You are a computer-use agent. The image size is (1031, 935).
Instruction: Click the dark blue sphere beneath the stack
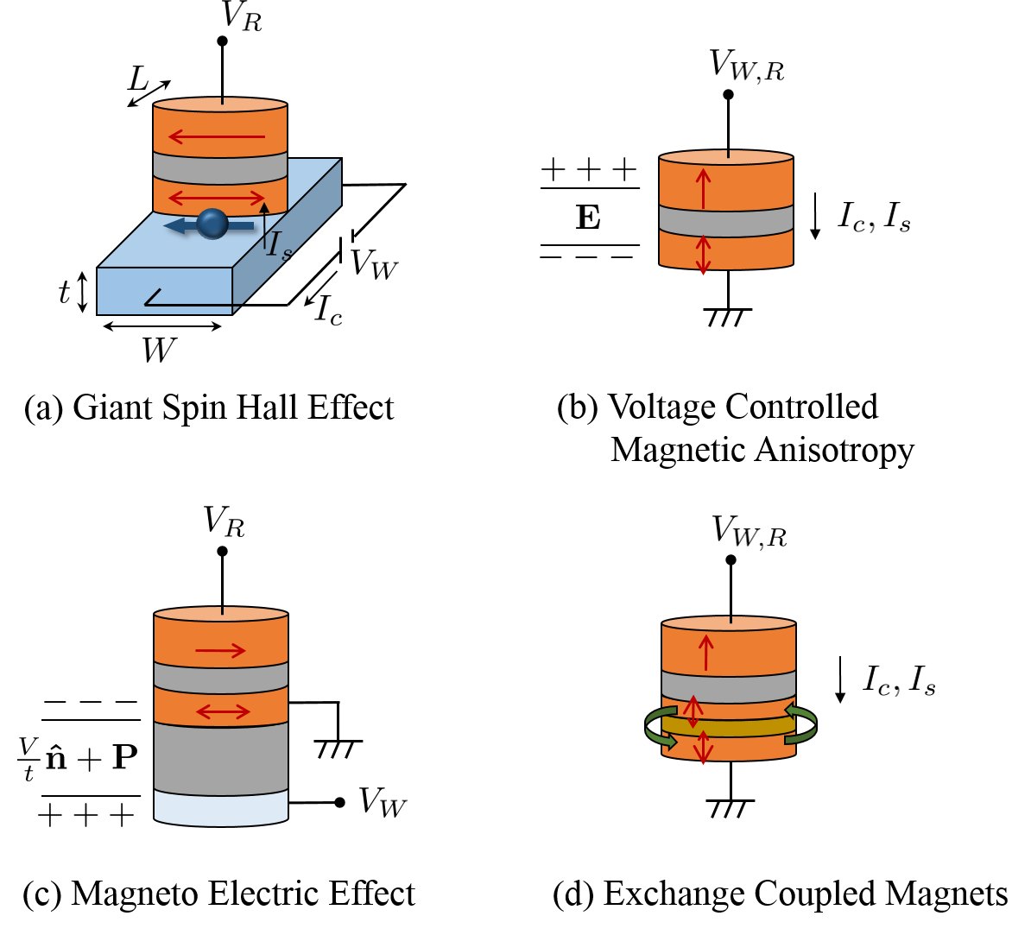(x=212, y=224)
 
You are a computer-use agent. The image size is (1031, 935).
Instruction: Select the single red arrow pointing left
(x=217, y=136)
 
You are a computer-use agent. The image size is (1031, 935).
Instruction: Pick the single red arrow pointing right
(x=220, y=650)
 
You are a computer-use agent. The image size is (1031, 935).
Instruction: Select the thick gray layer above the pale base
(x=221, y=758)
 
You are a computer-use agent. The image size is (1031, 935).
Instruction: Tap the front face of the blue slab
(x=164, y=291)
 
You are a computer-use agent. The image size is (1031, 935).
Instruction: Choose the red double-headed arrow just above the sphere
(x=217, y=198)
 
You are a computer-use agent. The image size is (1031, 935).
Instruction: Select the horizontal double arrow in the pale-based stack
(x=223, y=711)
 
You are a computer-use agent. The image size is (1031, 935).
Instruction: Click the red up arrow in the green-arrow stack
(x=705, y=653)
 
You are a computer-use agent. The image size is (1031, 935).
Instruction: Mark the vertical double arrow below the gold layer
(x=703, y=748)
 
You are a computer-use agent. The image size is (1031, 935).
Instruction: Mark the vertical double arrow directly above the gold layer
(x=693, y=711)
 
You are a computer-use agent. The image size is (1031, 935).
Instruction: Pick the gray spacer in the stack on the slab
(x=220, y=167)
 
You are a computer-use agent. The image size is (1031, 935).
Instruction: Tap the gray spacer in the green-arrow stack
(x=728, y=688)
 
